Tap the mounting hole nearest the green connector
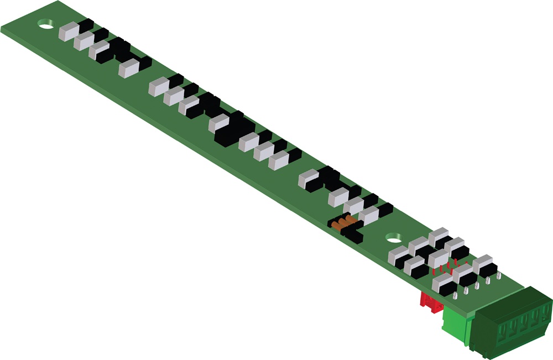393,237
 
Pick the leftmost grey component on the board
69,32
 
